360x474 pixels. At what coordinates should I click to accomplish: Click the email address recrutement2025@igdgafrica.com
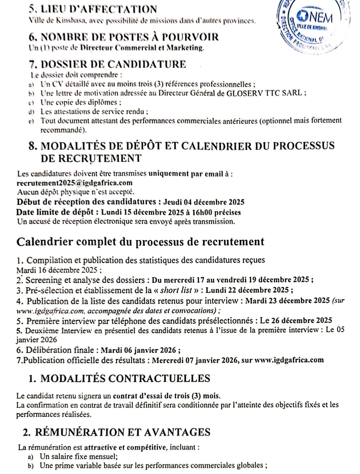coord(67,183)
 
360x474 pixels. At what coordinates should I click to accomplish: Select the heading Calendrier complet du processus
coord(141,241)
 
